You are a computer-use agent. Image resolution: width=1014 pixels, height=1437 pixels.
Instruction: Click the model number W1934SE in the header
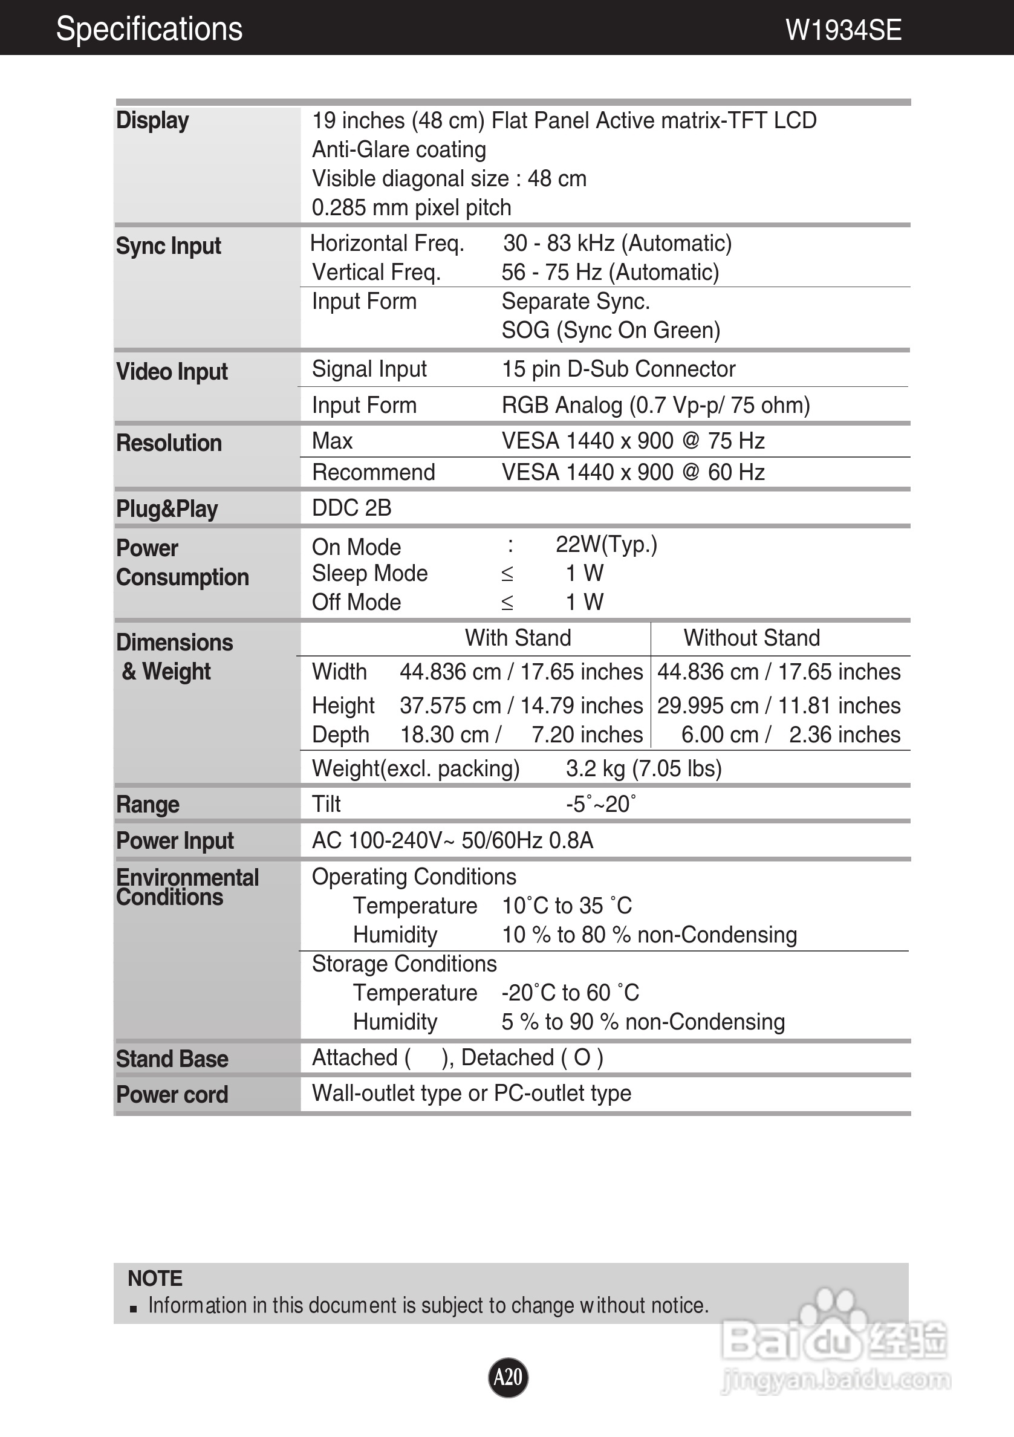[x=843, y=30]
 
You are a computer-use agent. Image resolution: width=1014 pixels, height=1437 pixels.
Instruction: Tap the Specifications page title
[x=149, y=29]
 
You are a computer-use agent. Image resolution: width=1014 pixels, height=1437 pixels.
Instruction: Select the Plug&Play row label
[x=166, y=509]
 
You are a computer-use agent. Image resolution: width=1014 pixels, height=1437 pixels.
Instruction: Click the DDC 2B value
[x=351, y=508]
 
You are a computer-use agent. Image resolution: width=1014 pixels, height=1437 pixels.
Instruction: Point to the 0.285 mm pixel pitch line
[x=411, y=208]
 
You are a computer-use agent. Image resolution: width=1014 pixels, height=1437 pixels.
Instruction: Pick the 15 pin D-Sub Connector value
[x=619, y=369]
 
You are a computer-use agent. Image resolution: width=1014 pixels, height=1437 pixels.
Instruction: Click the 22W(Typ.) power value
[x=606, y=545]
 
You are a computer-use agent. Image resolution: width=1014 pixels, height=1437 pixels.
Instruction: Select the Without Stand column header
[x=751, y=638]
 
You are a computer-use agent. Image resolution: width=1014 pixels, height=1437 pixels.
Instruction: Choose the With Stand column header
[x=518, y=638]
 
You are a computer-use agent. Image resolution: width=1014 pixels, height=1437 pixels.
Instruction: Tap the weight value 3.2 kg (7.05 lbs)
[x=643, y=768]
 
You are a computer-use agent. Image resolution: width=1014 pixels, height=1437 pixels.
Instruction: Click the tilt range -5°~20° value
[x=601, y=804]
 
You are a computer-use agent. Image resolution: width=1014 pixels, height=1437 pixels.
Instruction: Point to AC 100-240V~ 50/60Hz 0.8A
[x=452, y=840]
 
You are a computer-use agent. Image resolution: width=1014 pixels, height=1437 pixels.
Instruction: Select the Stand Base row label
[x=172, y=1059]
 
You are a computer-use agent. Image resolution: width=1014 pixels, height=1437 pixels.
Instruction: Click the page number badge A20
[x=508, y=1377]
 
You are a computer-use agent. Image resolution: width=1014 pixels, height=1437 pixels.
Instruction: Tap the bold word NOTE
[x=155, y=1278]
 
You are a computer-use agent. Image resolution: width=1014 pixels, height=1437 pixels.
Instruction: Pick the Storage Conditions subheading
[x=404, y=964]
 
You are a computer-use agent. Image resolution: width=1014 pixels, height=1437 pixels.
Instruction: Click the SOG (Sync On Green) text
[x=610, y=331]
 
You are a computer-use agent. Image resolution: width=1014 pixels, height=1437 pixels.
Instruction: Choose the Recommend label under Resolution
[x=373, y=473]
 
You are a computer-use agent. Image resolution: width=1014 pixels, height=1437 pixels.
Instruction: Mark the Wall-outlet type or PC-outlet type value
[x=471, y=1094]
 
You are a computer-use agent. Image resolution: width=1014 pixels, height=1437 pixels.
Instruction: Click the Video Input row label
[x=172, y=372]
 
